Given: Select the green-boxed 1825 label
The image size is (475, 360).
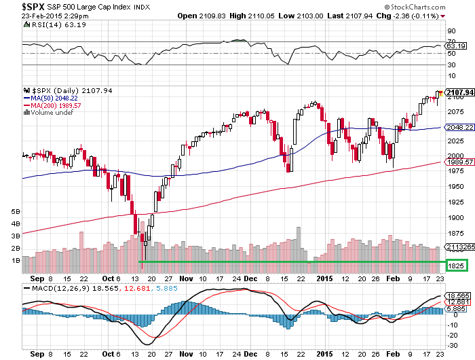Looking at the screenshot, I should pyautogui.click(x=456, y=265).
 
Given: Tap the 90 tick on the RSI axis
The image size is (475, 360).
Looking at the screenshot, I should pyautogui.click(x=449, y=31).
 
